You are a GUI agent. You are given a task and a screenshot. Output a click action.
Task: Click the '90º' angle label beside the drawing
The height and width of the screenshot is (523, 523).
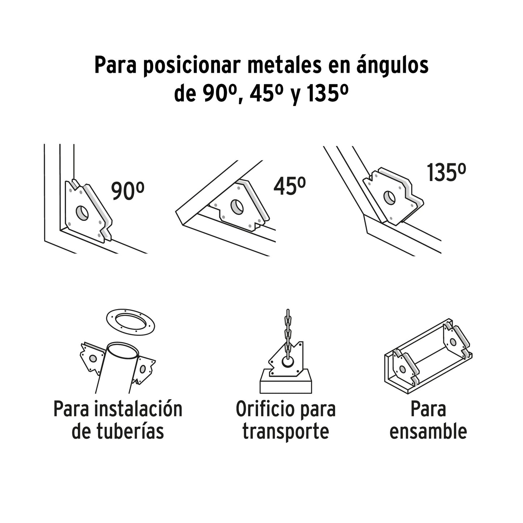point(128,191)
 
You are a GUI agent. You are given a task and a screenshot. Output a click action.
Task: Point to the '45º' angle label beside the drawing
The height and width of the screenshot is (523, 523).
point(289,186)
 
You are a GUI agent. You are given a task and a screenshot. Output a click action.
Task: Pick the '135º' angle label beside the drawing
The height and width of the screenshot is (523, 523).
point(446,173)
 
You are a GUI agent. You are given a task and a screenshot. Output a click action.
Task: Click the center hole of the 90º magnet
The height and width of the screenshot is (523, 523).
point(82,213)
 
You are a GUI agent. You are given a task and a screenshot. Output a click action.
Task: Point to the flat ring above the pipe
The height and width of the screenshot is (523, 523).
point(130,322)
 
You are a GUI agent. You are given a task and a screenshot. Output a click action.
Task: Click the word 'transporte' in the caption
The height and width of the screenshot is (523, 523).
point(286,431)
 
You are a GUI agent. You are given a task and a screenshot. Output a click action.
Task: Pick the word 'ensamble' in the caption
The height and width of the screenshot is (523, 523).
point(428,431)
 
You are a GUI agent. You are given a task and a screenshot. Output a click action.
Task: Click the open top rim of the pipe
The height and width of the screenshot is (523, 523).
point(123,351)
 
